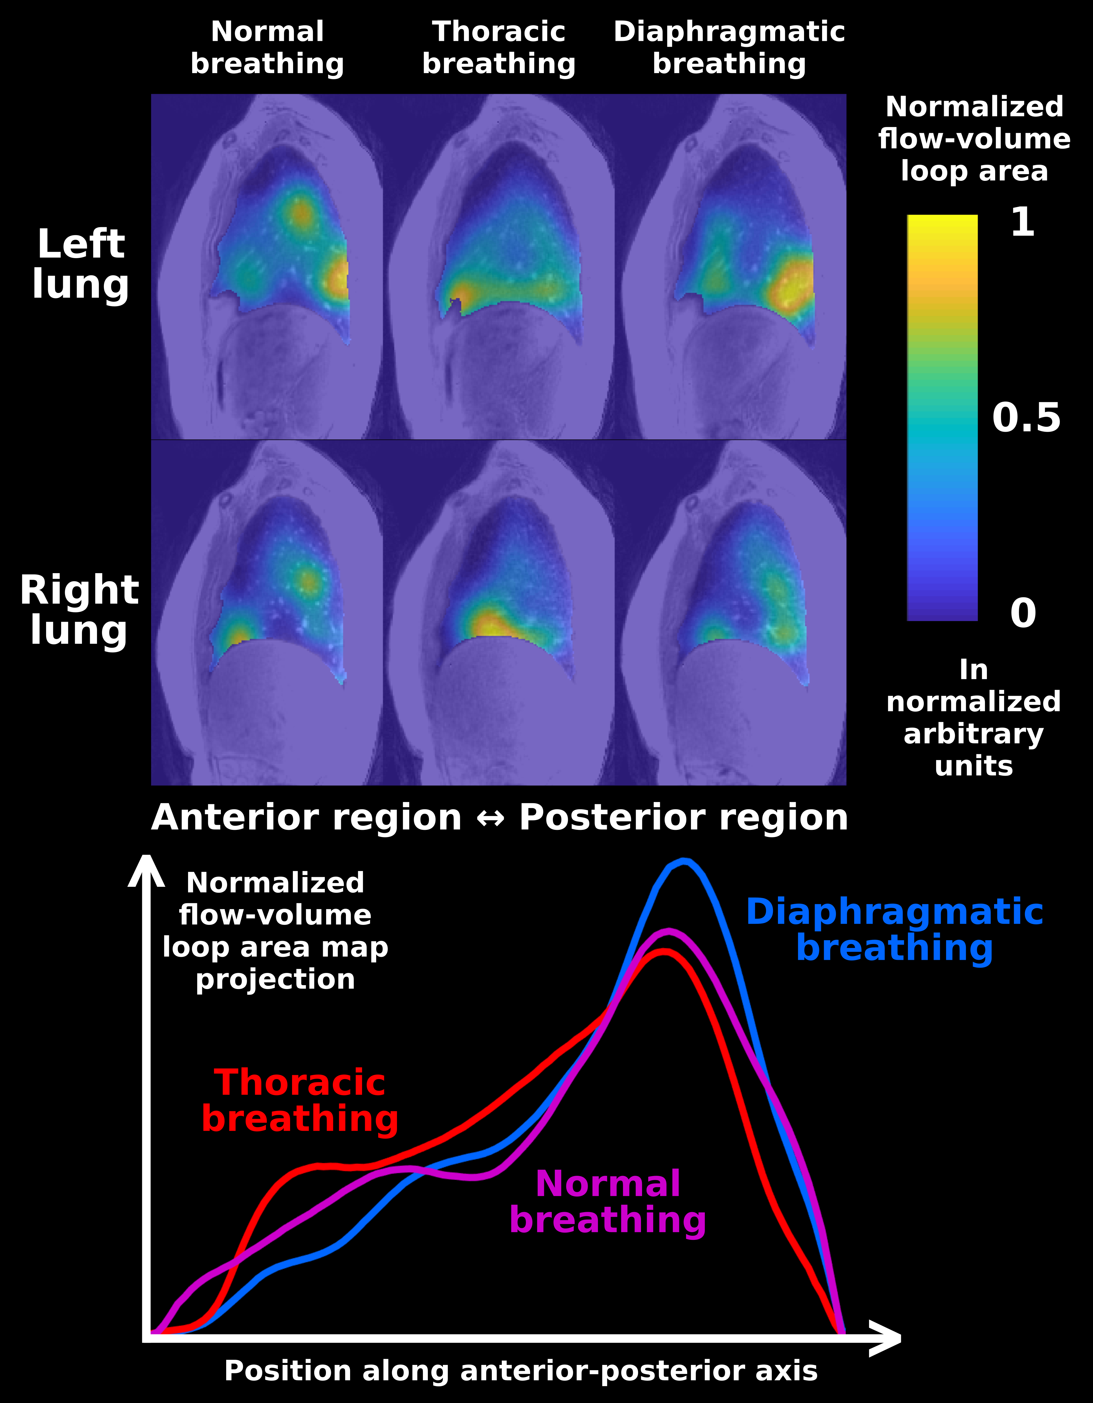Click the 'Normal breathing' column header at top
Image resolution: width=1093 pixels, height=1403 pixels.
tap(267, 48)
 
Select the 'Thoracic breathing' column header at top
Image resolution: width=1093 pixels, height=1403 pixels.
tap(499, 48)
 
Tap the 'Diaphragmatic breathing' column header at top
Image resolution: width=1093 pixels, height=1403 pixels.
tap(729, 48)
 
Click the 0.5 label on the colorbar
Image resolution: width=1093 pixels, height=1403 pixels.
tap(1026, 418)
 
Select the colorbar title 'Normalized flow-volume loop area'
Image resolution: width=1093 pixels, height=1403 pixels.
tap(974, 139)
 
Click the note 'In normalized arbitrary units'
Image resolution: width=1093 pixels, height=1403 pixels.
tap(974, 718)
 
